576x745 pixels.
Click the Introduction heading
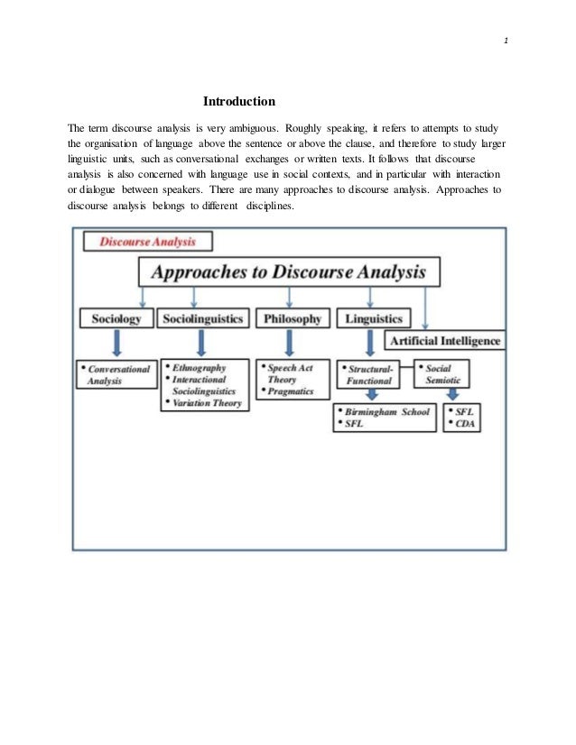click(x=238, y=101)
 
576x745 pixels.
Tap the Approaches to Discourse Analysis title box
click(x=288, y=272)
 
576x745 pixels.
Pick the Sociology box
click(x=116, y=318)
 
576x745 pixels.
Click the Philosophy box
click(x=290, y=318)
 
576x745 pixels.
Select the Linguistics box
click(x=373, y=318)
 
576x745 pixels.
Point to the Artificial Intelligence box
click(x=444, y=341)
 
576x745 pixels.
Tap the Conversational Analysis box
click(x=117, y=374)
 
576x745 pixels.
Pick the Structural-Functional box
click(x=370, y=374)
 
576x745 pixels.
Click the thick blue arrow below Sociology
click(x=116, y=344)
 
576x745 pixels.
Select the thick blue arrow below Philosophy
click(x=289, y=344)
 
